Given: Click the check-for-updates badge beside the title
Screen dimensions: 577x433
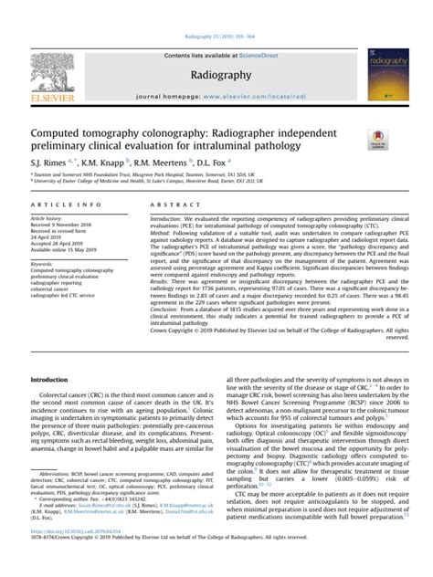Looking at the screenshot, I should (375, 139).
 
